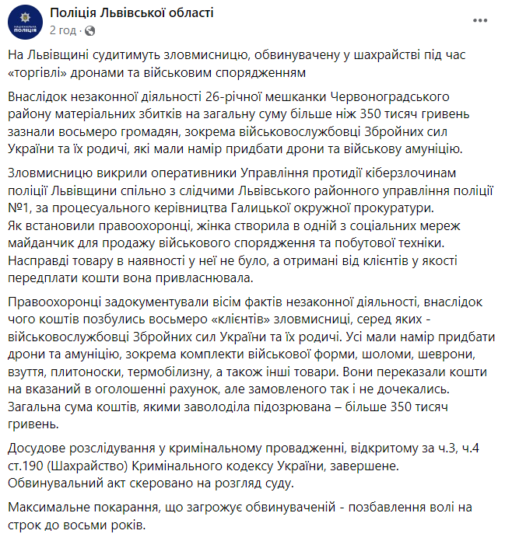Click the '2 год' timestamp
[63, 30]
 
